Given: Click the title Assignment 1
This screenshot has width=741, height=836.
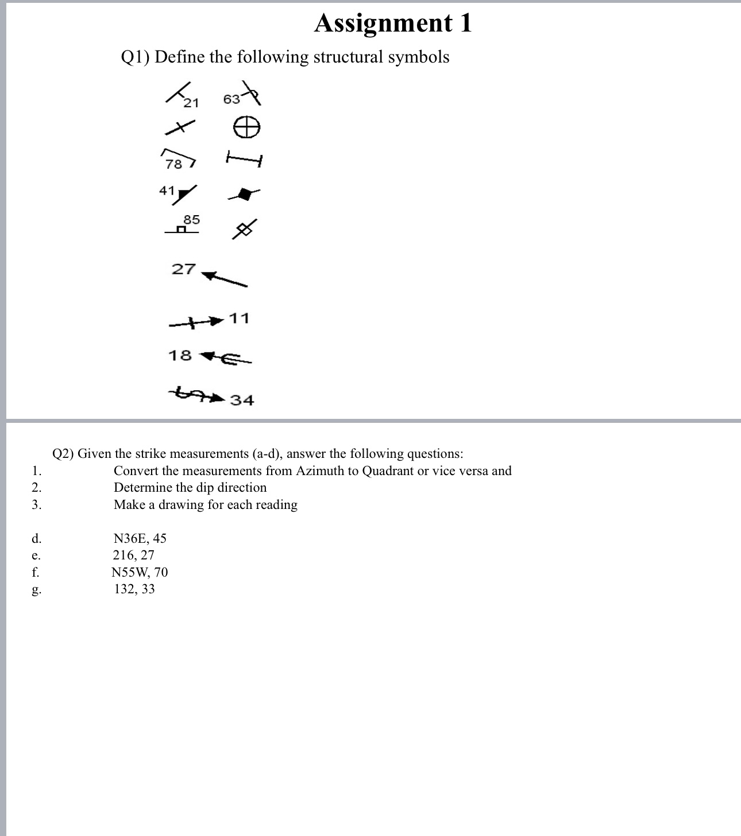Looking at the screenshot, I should [x=393, y=24].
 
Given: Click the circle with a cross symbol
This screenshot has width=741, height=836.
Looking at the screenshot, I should [x=246, y=127].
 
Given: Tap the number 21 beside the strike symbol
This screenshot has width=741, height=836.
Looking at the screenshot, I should [x=191, y=103].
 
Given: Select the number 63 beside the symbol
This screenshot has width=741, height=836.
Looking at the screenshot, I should [x=231, y=99].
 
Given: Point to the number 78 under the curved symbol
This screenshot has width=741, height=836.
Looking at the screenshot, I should [x=173, y=164].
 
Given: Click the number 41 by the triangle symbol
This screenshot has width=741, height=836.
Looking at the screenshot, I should [x=167, y=190].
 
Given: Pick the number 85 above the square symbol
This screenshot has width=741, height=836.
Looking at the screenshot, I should [x=192, y=220].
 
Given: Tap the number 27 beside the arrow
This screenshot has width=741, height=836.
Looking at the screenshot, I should [x=184, y=269].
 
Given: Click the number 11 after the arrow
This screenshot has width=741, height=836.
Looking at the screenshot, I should [x=239, y=318].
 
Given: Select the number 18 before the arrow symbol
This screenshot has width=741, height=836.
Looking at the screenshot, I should [x=180, y=356].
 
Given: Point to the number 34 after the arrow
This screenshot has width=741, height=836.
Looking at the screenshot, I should [x=242, y=400].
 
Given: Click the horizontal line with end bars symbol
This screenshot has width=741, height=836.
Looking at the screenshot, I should [x=244, y=158].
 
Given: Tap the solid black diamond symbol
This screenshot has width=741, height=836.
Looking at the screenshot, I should [x=245, y=195].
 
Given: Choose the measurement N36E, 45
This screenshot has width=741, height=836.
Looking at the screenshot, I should [x=140, y=538].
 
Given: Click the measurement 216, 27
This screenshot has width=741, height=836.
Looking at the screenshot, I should [x=133, y=555].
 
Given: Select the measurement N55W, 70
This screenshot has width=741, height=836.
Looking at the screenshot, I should [x=140, y=572].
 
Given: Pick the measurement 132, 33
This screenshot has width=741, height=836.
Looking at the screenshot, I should [x=134, y=589].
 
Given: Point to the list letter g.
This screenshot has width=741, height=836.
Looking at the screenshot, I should [x=36, y=590].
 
